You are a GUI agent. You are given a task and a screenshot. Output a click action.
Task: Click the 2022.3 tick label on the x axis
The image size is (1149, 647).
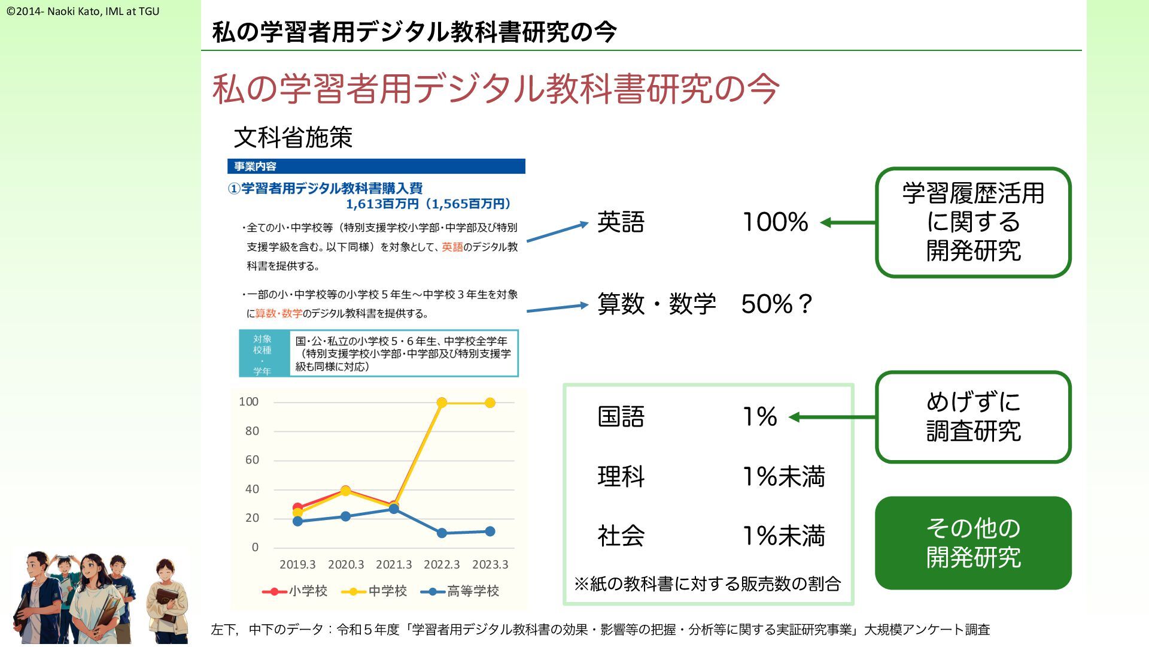click(442, 564)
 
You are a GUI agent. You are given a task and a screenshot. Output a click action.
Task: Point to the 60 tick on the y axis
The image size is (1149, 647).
click(252, 460)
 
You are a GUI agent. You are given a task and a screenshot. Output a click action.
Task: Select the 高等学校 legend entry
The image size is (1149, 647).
click(460, 591)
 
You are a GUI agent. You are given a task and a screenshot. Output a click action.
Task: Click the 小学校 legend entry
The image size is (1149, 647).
click(295, 591)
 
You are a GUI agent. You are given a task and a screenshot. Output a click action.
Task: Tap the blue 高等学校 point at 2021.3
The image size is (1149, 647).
click(394, 509)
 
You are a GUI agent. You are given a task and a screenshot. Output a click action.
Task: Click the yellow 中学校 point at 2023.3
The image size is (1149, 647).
click(490, 403)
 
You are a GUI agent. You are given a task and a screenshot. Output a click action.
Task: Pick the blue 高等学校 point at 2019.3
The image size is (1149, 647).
click(297, 521)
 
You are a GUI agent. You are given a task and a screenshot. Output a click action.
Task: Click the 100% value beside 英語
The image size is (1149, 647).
click(776, 222)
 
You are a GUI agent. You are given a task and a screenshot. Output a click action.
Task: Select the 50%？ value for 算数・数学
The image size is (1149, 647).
click(777, 304)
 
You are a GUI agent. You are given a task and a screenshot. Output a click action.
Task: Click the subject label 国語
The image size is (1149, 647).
click(621, 416)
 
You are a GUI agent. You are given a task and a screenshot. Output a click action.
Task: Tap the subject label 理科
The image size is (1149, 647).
click(621, 476)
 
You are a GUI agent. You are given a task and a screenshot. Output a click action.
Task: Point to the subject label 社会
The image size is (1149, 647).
click(621, 536)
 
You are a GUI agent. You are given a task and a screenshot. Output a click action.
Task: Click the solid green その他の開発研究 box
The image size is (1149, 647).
click(973, 543)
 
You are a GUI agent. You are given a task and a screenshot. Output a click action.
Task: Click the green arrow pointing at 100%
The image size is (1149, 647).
click(848, 223)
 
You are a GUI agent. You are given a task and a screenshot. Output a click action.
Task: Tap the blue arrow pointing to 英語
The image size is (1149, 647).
click(558, 232)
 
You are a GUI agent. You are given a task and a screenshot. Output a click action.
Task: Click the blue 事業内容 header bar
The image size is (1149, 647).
click(376, 166)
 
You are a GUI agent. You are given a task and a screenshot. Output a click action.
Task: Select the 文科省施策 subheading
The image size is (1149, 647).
click(293, 138)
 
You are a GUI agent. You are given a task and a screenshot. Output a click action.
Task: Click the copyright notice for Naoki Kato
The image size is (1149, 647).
click(83, 11)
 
